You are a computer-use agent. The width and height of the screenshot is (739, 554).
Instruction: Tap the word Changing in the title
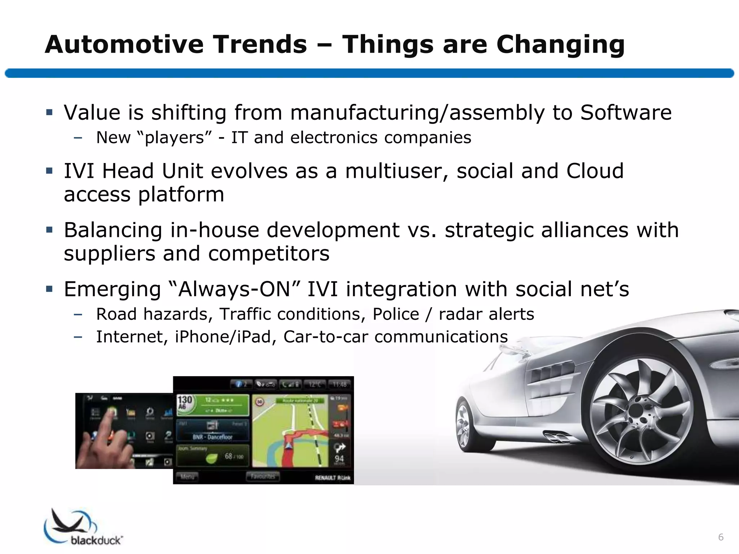(560, 45)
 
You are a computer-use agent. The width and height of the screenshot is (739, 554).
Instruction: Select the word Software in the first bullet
(626, 113)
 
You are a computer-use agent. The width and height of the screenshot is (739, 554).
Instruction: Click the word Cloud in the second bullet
(595, 171)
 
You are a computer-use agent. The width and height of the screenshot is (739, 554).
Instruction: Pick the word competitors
(269, 253)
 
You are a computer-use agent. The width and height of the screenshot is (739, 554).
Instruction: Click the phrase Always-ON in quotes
(235, 289)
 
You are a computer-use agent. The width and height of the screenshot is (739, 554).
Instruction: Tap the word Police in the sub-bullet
(395, 314)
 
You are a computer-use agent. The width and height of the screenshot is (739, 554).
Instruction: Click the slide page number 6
(721, 537)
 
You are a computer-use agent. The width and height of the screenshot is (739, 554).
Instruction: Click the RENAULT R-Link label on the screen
(332, 478)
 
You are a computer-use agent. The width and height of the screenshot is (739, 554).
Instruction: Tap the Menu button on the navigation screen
(187, 477)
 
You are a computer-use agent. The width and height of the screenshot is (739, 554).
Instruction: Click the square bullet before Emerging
(49, 289)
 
